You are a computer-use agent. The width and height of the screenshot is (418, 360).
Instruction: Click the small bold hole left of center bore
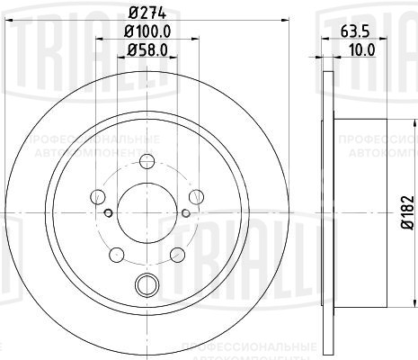[107, 212]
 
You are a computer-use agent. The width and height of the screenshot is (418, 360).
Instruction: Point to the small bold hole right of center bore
[185, 212]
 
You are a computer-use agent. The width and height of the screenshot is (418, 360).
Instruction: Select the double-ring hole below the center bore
[146, 286]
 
